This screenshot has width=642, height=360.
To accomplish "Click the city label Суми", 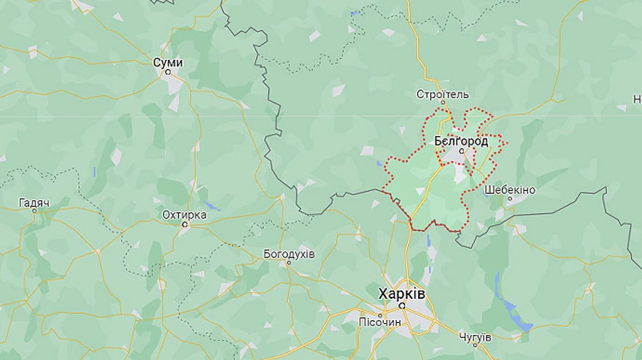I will tap(168, 63).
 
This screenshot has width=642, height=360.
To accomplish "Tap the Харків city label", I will tap(402, 293).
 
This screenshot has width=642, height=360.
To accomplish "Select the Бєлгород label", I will tap(462, 141).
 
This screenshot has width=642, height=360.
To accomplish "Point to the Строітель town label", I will tap(443, 94).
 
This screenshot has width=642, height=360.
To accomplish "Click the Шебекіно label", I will tap(509, 190).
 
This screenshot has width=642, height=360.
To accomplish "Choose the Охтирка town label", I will tap(184, 215).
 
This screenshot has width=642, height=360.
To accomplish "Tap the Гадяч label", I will tap(34, 203).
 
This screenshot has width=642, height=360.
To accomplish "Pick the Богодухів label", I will tap(289, 253).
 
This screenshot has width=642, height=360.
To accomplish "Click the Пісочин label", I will tap(380, 322).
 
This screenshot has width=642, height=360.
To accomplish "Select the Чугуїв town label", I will tap(474, 336).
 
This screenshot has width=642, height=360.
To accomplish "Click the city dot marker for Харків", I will tap(402, 305).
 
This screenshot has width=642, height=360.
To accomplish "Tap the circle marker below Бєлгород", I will tap(462, 151).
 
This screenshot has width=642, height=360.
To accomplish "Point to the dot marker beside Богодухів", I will tap(289, 262).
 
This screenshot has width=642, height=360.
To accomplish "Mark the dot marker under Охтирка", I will tap(185, 225).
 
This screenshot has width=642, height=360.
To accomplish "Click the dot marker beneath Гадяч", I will tap(34, 212).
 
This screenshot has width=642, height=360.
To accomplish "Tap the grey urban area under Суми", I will tap(174, 83).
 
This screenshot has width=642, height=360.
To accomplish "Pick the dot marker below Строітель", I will tap(442, 104).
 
